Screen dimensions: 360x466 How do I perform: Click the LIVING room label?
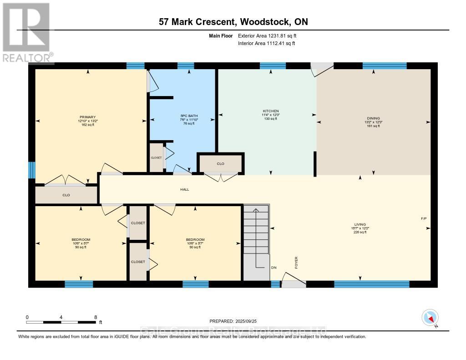pyautogui.click(x=360, y=224)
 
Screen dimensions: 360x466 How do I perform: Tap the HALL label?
pyautogui.click(x=184, y=189)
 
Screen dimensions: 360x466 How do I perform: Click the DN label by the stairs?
pyautogui.click(x=274, y=268)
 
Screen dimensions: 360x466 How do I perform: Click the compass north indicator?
pyautogui.click(x=430, y=317)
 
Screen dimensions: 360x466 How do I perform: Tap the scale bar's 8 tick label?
pyautogui.click(x=95, y=317)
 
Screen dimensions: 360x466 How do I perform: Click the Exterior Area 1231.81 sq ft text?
pyautogui.click(x=267, y=35)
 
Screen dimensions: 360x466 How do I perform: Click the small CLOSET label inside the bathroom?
pyautogui.click(x=156, y=157)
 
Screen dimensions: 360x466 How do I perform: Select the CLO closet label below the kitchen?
pyautogui.click(x=220, y=163)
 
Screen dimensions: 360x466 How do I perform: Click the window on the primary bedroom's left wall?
pyautogui.click(x=31, y=170)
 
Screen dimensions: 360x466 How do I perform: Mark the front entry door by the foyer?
pyautogui.click(x=293, y=282)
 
